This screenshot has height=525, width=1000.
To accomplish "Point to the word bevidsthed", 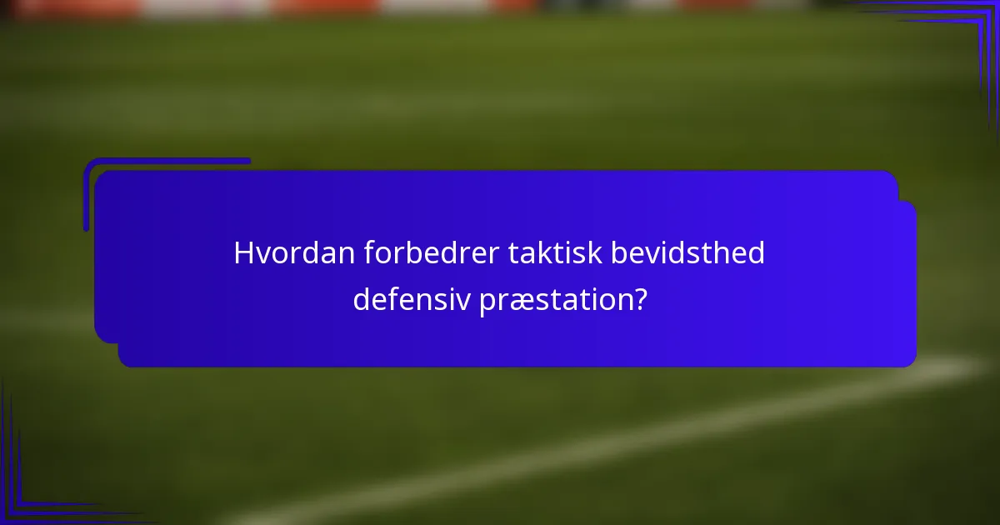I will coord(687,253).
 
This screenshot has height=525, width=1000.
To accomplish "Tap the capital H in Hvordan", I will coord(243,253).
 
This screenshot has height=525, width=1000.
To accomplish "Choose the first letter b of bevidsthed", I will coord(619,253).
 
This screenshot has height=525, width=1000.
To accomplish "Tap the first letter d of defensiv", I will coord(361,298).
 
